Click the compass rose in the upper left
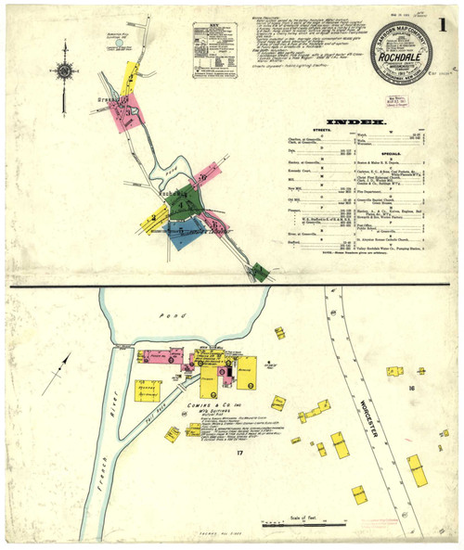[x=65, y=69]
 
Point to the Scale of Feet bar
[x=297, y=521]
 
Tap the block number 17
[x=238, y=453]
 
